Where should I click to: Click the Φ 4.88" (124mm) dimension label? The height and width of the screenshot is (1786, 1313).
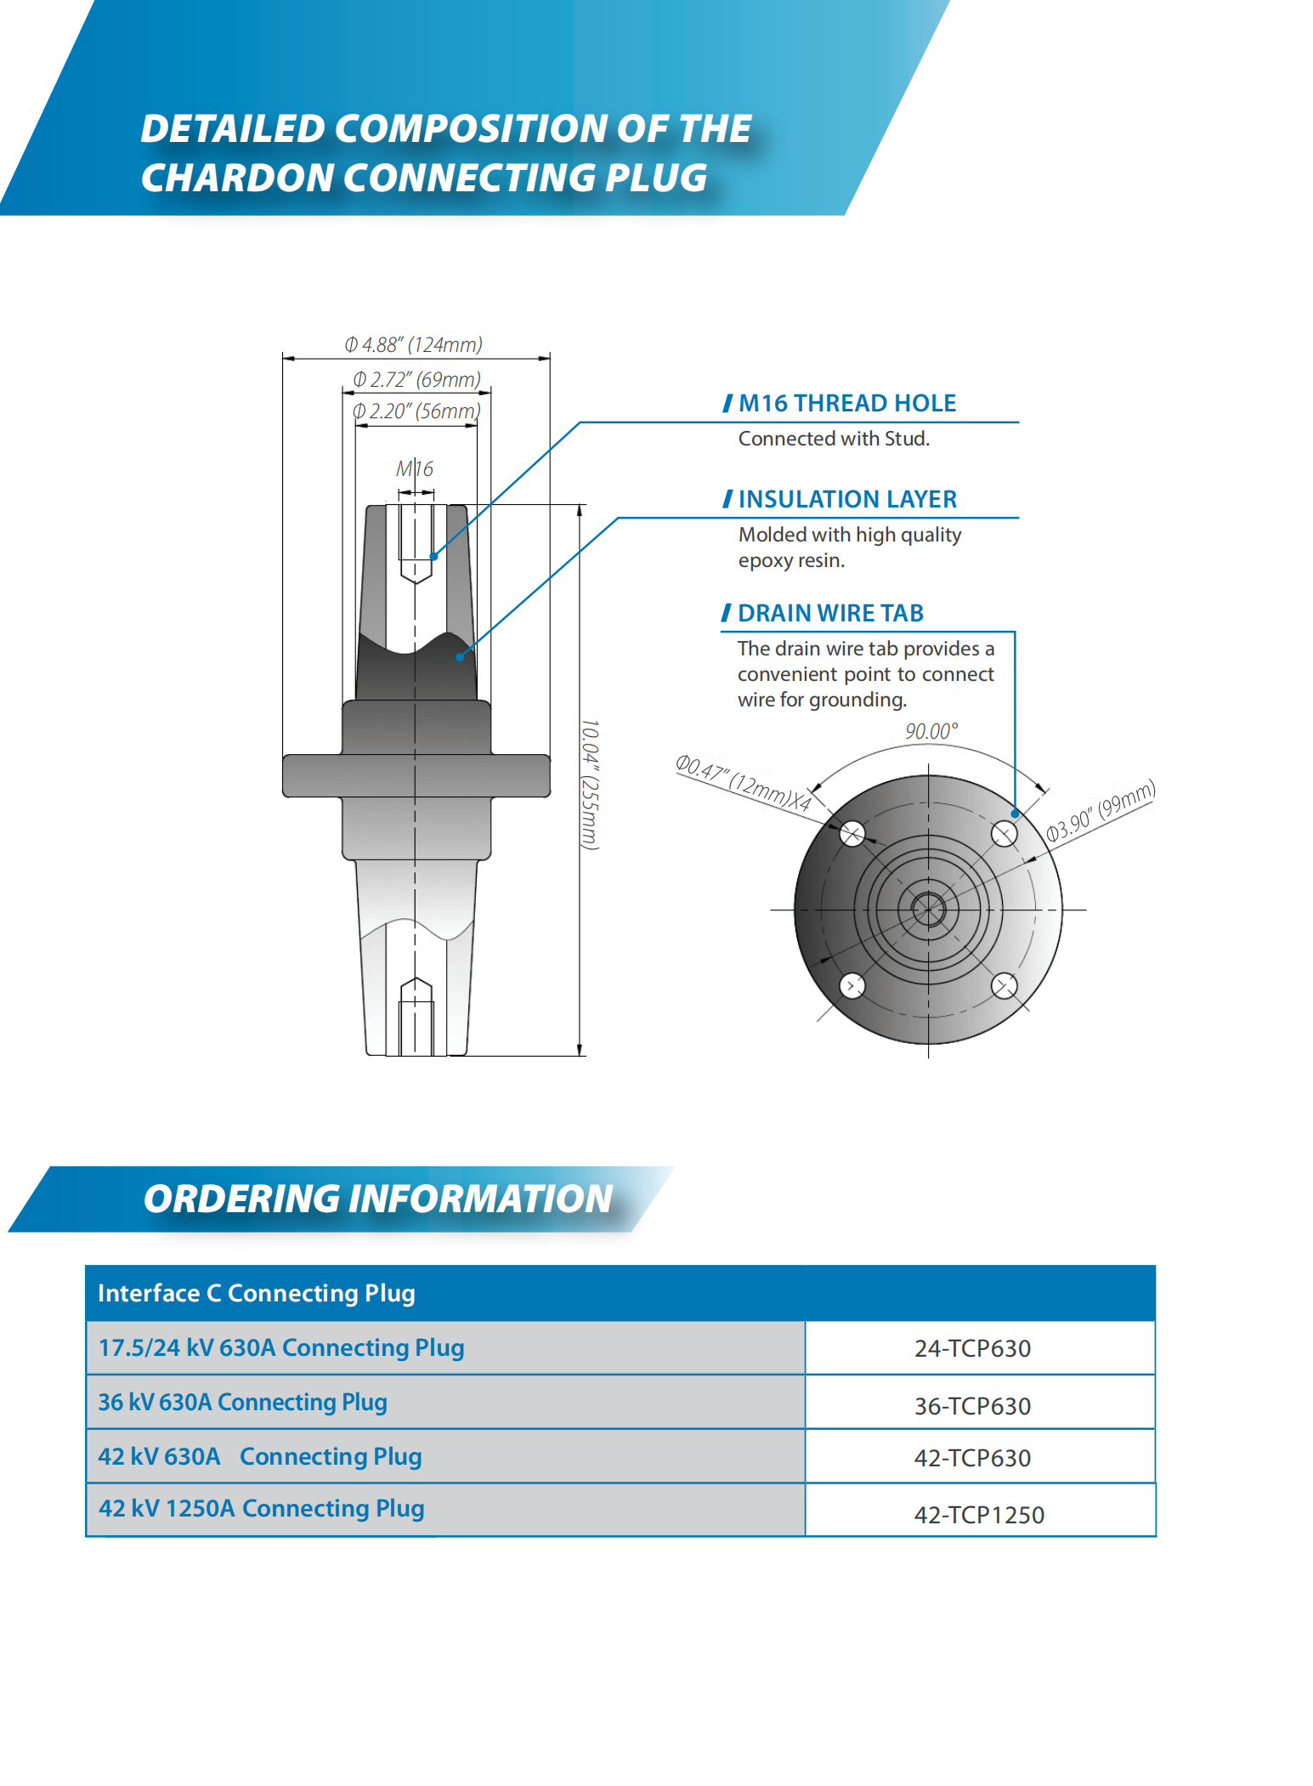413,344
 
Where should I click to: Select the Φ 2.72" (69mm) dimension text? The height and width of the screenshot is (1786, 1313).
416,379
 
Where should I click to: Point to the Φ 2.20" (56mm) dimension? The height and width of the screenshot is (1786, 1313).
416,411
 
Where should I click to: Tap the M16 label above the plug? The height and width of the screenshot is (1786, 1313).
415,468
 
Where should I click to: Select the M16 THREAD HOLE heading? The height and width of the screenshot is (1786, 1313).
846,403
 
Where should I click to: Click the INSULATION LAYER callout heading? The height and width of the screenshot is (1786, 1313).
846,499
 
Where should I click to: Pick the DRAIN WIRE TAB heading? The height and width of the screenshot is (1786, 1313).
829,613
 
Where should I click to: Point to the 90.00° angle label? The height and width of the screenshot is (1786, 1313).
931,731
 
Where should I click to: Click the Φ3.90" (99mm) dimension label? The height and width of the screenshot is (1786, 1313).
1101,810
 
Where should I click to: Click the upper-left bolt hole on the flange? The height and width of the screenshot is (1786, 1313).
852,833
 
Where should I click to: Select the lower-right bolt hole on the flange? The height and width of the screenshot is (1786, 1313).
1004,986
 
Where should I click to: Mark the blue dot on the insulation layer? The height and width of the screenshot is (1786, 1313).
460,656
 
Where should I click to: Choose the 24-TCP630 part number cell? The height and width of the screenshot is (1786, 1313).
972,1348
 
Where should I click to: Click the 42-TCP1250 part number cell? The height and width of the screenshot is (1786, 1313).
979,1515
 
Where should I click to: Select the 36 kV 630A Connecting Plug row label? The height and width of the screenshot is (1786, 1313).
243,1402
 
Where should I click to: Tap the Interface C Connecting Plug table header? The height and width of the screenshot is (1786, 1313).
257,1293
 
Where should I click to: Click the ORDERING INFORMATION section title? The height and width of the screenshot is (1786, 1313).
378,1199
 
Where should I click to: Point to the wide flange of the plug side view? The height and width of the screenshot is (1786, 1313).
416,775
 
